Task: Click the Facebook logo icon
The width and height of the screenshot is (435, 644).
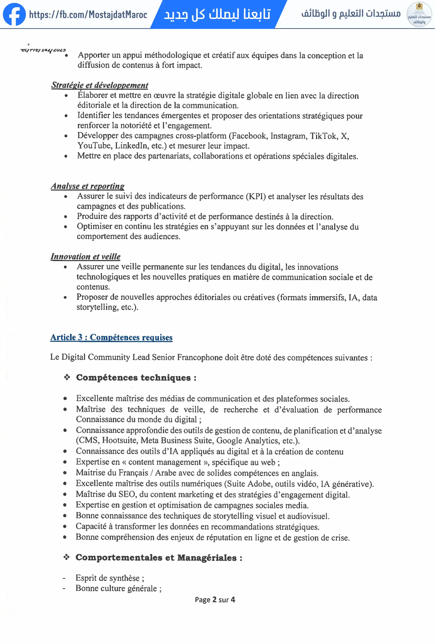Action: tap(14, 14)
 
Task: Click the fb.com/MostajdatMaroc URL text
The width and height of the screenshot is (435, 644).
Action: tap(88, 14)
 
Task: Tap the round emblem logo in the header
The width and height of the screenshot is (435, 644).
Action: tap(419, 14)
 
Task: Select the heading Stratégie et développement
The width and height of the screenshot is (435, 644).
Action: tap(99, 85)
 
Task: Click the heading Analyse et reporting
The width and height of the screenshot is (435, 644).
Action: tap(87, 186)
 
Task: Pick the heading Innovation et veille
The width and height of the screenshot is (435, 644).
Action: tap(85, 256)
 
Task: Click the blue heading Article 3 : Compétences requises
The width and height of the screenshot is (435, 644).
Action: tap(111, 337)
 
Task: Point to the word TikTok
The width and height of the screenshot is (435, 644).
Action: tap(323, 136)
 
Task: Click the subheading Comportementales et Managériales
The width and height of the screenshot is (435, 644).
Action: tap(159, 557)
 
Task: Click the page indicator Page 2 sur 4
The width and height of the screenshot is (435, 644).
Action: tap(215, 600)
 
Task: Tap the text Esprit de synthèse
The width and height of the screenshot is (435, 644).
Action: tap(109, 578)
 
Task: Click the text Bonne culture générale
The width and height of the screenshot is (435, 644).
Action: tap(118, 588)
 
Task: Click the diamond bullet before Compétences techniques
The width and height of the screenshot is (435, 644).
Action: tap(67, 377)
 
